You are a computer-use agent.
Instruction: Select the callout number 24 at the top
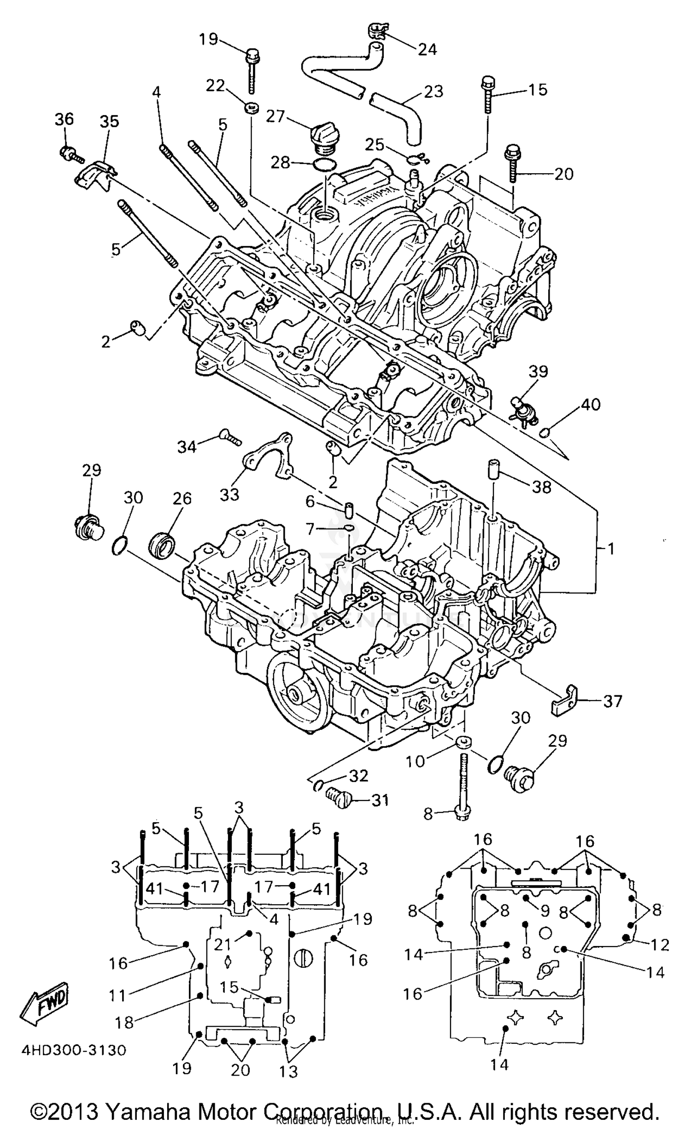427,49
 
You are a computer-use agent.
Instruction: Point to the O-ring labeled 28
324,164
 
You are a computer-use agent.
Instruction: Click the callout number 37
612,701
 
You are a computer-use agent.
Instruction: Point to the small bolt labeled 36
70,154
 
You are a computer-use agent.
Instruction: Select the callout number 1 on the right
611,549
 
